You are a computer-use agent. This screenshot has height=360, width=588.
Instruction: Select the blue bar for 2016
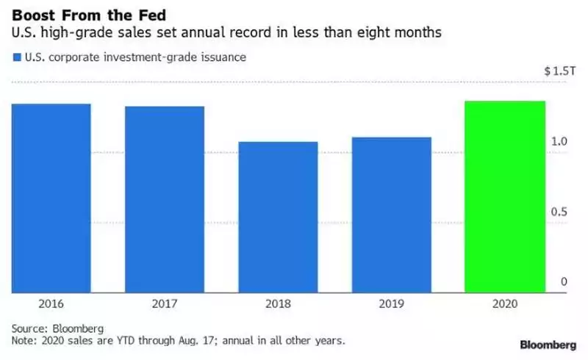(x=51, y=197)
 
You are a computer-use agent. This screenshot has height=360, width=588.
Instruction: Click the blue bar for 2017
(x=165, y=198)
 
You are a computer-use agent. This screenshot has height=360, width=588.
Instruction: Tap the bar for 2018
(x=278, y=216)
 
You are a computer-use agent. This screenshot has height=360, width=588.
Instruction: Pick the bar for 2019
(x=392, y=214)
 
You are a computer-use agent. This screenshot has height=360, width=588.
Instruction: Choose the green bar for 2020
(x=505, y=195)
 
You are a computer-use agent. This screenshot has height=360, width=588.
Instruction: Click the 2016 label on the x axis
(x=51, y=303)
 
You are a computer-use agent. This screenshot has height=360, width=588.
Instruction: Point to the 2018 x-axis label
(x=278, y=303)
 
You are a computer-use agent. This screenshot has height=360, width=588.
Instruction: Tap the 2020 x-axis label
(x=505, y=303)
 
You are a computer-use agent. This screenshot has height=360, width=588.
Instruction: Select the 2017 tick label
(x=165, y=303)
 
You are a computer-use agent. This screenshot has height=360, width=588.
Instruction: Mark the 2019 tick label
(x=392, y=303)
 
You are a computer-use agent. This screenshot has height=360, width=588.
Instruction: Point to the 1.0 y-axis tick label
(x=559, y=141)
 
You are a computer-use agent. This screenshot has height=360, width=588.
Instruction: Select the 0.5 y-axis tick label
(x=559, y=212)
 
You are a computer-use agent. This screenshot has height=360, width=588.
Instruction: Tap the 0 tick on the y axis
(x=564, y=282)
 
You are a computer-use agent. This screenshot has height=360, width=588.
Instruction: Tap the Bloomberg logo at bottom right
(x=547, y=344)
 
